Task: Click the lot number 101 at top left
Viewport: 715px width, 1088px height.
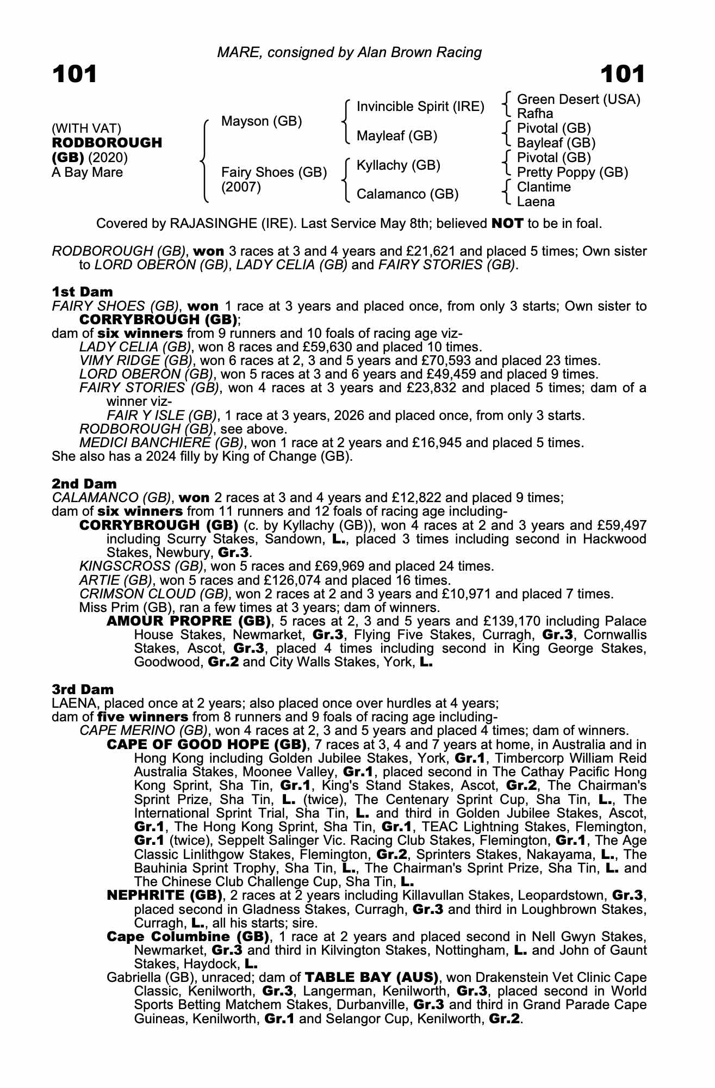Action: pos(74,74)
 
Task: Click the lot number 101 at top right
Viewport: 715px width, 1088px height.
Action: pos(623,74)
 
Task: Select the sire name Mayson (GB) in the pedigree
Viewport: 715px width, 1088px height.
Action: pos(262,121)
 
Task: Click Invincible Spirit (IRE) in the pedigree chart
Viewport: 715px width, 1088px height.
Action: pos(420,107)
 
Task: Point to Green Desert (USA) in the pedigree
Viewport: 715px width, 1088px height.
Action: pos(579,99)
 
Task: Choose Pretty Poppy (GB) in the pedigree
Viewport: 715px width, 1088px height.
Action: pos(573,172)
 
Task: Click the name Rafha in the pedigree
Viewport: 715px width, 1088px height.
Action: pos(535,114)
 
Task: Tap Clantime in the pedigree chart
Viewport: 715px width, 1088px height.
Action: pos(544,187)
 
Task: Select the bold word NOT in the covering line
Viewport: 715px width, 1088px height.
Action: pos(507,223)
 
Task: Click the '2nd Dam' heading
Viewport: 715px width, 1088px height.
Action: pos(84,484)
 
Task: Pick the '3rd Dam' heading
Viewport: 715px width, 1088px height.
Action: pos(83,689)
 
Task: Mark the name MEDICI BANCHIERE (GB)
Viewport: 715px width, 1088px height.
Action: pos(161,443)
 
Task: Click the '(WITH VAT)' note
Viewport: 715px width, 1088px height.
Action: pos(86,128)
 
